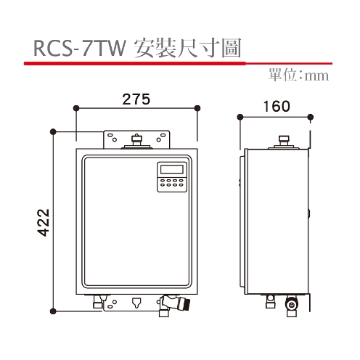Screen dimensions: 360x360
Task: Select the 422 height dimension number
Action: click(43, 222)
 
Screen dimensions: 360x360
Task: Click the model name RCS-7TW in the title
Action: click(80, 48)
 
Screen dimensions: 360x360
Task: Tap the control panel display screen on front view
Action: click(171, 171)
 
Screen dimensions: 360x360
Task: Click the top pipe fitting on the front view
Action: click(136, 140)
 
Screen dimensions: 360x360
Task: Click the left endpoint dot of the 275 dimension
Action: click(75, 109)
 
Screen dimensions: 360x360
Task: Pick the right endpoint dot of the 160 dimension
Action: click(310, 115)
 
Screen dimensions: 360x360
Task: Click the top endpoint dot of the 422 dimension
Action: click(53, 131)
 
